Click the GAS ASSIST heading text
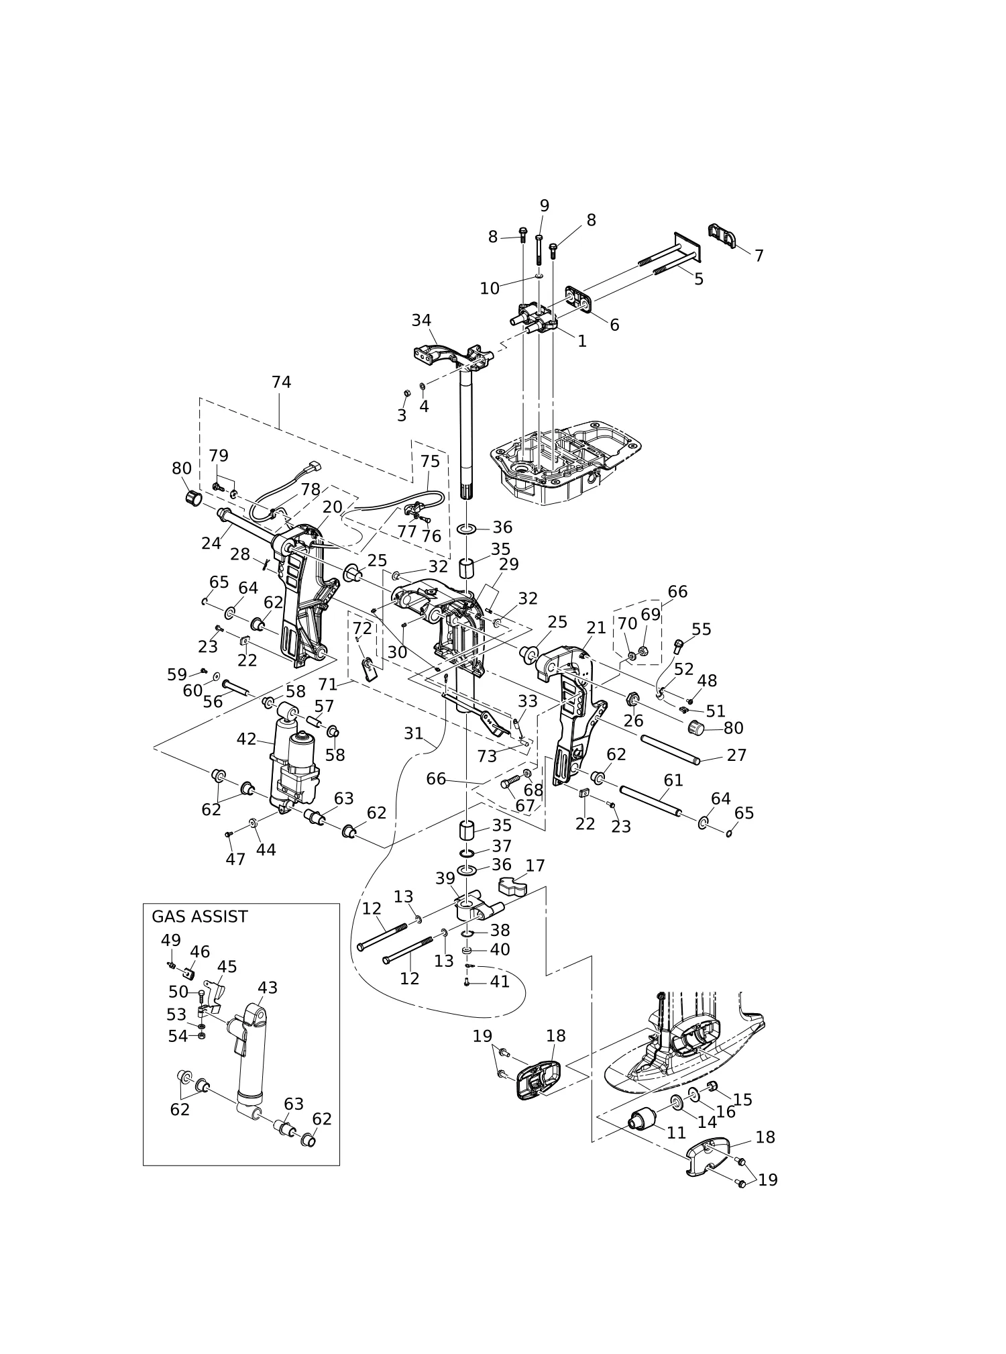199,917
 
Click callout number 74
281,382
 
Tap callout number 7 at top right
759,256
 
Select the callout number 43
268,988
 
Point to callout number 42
246,739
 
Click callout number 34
421,321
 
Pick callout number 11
676,1133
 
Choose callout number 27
736,756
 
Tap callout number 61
673,780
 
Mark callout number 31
413,734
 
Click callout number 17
535,866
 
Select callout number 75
430,462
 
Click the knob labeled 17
512,888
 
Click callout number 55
701,629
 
